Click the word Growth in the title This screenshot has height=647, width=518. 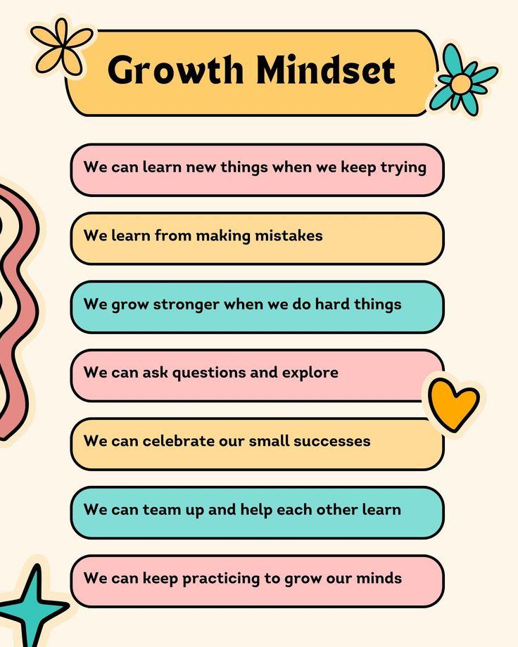point(175,70)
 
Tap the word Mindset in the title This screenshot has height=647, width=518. point(325,70)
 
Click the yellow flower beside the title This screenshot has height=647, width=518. point(62,46)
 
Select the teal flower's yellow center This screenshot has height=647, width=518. point(460,84)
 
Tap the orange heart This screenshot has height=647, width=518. point(453,405)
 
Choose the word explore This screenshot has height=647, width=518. point(310,373)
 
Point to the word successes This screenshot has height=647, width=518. point(332,441)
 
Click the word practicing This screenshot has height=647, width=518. point(221,579)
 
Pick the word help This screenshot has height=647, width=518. point(255,510)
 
